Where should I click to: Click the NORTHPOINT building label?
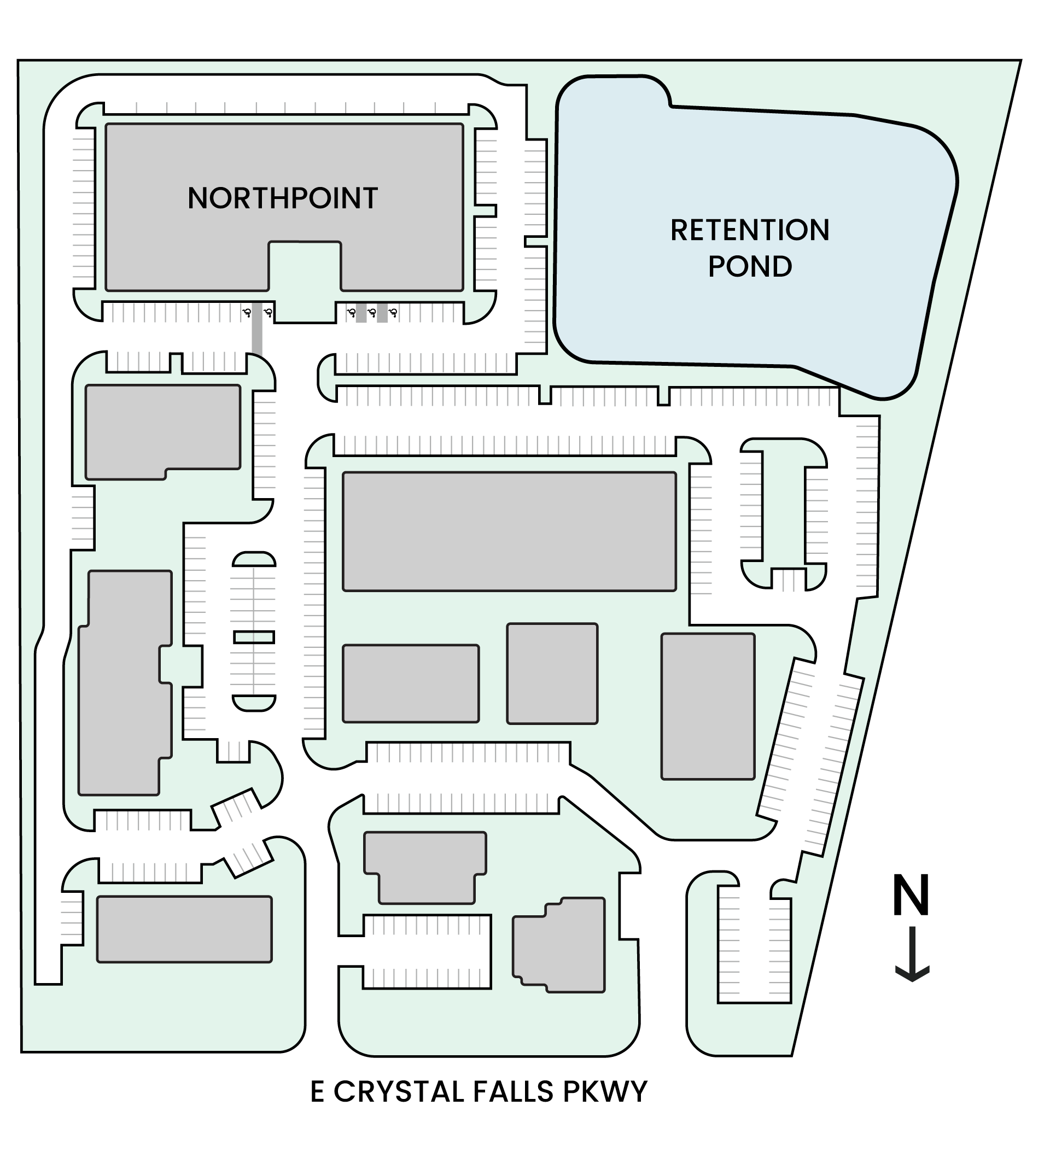tap(282, 198)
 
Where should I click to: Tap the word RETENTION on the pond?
tap(749, 230)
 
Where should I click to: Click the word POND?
tap(750, 267)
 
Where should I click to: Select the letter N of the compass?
tap(911, 896)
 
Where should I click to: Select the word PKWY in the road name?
tap(605, 1092)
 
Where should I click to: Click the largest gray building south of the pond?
tap(509, 531)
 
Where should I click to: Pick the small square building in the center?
tap(552, 673)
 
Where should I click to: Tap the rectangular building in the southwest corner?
tap(184, 929)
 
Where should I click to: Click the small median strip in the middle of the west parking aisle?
tap(254, 637)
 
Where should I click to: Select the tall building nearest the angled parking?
tap(708, 706)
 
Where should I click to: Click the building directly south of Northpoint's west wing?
tap(162, 431)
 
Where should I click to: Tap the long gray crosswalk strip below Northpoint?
tap(257, 330)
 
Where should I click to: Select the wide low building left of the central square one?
tap(410, 683)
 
